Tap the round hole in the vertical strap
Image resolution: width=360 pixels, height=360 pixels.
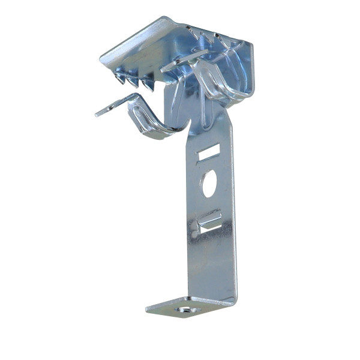pyautogui.click(x=209, y=184)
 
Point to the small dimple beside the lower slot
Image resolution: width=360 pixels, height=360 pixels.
pyautogui.click(x=194, y=228)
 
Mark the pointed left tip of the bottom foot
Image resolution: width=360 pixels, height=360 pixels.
pyautogui.click(x=148, y=310)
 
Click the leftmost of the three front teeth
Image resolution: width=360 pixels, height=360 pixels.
pyautogui.click(x=122, y=76)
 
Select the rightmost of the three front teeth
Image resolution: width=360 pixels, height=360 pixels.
pyautogui.click(x=147, y=85)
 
